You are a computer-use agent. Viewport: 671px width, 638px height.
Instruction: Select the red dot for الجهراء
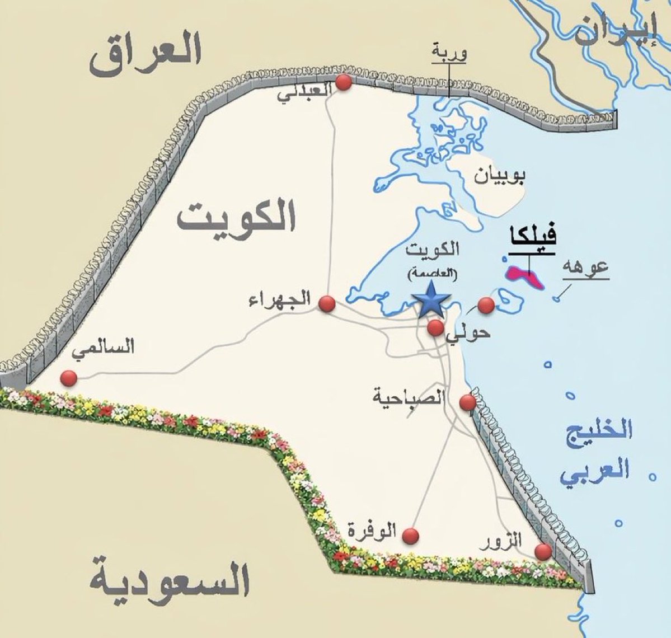pyautogui.click(x=326, y=304)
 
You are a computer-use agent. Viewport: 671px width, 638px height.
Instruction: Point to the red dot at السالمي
pyautogui.click(x=69, y=378)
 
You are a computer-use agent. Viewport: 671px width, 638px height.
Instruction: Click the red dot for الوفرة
pyautogui.click(x=411, y=536)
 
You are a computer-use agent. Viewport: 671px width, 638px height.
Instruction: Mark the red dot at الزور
pyautogui.click(x=542, y=552)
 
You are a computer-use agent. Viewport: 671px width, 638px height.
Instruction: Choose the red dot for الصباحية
pyautogui.click(x=467, y=402)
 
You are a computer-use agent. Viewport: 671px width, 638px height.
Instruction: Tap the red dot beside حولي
pyautogui.click(x=435, y=328)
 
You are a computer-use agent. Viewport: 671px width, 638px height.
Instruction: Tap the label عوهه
pyautogui.click(x=587, y=266)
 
